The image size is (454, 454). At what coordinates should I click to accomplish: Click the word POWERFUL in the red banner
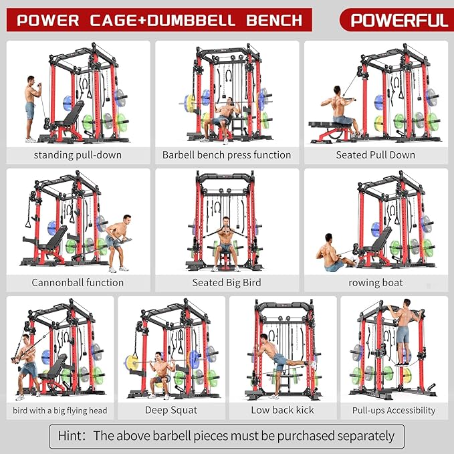(x=399, y=20)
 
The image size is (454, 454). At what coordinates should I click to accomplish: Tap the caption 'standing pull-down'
(x=78, y=154)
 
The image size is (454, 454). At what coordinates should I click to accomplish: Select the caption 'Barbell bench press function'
(x=227, y=154)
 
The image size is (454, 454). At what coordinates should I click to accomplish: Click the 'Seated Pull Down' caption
(x=375, y=154)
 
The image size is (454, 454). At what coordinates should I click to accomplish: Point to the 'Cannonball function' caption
(x=78, y=282)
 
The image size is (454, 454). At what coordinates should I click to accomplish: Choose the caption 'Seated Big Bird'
(x=227, y=282)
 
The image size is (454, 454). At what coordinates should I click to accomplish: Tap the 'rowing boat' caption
(x=375, y=282)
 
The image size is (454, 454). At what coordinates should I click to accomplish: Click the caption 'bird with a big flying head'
(x=60, y=410)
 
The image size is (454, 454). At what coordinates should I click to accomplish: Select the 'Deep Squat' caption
(x=171, y=410)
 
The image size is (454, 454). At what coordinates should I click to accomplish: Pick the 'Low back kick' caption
(x=282, y=410)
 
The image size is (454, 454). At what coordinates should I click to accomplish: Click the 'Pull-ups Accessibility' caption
(x=394, y=410)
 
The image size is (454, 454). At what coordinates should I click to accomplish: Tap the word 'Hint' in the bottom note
(x=70, y=437)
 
